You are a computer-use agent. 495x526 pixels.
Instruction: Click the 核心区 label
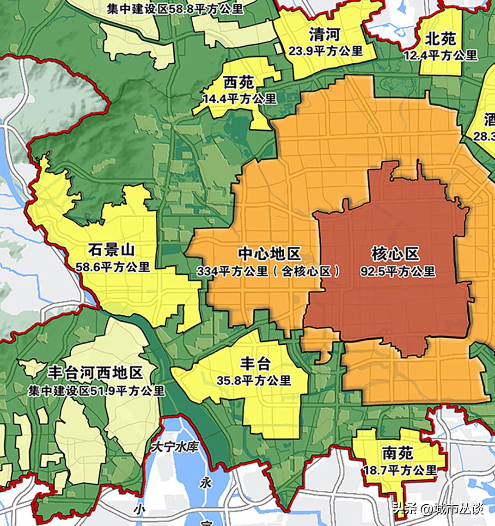coord(395,254)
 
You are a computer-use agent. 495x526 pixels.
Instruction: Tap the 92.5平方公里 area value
coord(398,271)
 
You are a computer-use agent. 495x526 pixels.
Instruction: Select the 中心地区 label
coord(269,254)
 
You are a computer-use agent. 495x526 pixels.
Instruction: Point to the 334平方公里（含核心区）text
coord(269,271)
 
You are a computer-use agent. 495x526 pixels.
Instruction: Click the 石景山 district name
coord(111,251)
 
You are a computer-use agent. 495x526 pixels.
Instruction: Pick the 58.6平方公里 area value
coord(113,267)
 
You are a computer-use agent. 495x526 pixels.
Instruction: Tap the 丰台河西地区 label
coord(96,373)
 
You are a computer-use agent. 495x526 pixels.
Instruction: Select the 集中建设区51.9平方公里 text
coord(96,391)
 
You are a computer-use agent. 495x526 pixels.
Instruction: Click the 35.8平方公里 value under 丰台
coord(254,380)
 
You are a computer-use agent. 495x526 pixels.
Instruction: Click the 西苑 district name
coord(238,82)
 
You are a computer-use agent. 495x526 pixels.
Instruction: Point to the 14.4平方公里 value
coord(239,98)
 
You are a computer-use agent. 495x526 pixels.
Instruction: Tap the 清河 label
coord(324,34)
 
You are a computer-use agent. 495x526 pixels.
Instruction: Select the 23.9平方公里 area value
coord(326,51)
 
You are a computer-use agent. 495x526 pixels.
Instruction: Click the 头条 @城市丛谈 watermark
coord(438,508)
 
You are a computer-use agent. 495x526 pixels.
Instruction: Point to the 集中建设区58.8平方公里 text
coord(175,8)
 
